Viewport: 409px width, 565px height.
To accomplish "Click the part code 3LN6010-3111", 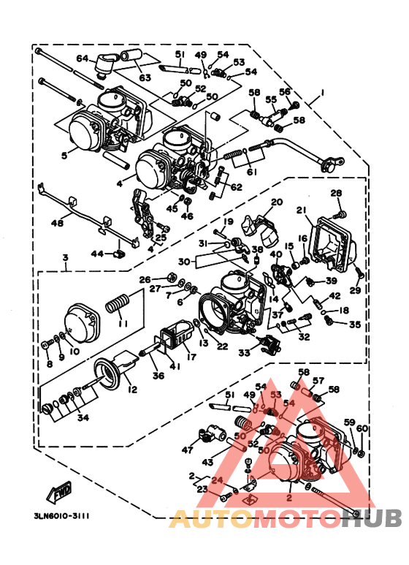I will point(61,515).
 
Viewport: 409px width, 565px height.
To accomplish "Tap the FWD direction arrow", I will point(58,493).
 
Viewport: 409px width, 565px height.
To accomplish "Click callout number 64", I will point(82,58).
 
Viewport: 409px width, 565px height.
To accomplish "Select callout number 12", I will point(132,390).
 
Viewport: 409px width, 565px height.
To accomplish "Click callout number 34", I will point(83,418).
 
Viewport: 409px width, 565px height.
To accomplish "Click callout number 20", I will point(276,202).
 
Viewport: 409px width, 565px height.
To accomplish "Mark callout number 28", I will point(335,193).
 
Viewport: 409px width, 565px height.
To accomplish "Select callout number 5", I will point(64,154).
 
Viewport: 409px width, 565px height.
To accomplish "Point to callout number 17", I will point(191,357).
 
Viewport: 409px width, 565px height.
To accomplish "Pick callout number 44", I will point(96,253).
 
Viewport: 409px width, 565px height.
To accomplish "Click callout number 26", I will point(144,279).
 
